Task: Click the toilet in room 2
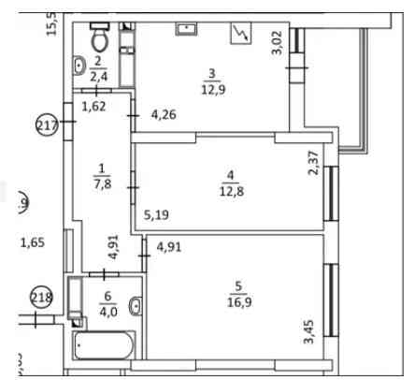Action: click(x=99, y=39)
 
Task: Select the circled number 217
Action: click(x=48, y=124)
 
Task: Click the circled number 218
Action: click(x=40, y=299)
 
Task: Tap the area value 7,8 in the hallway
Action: click(x=100, y=184)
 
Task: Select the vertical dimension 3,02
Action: click(x=277, y=44)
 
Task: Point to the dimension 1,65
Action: click(x=34, y=243)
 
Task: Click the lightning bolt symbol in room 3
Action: click(x=240, y=34)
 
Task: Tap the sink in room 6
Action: click(x=135, y=305)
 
